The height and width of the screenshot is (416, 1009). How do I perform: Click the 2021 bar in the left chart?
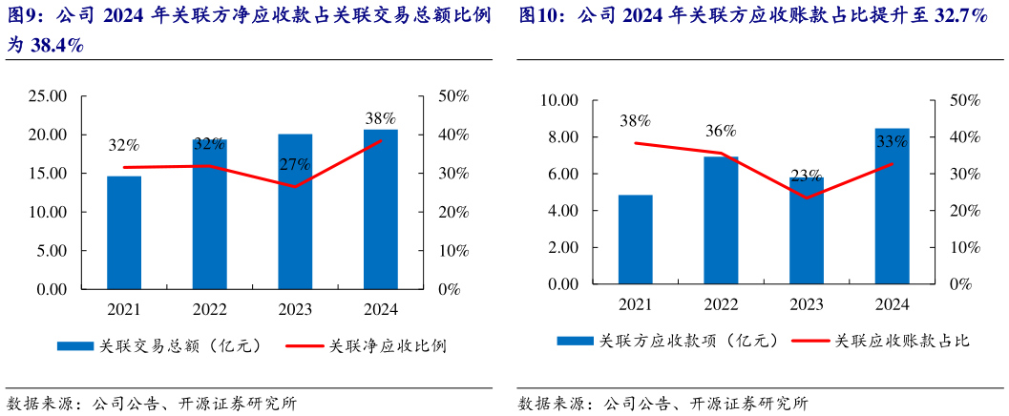tap(124, 232)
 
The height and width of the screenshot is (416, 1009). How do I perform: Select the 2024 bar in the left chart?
tap(381, 209)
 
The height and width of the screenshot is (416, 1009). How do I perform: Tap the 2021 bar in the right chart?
tap(635, 239)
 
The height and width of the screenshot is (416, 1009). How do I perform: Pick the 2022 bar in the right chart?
tap(721, 220)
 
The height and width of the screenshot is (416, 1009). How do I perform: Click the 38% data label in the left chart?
tap(381, 118)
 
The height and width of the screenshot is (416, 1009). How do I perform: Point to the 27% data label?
tap(295, 164)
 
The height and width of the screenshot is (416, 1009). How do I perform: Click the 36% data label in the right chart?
tap(721, 131)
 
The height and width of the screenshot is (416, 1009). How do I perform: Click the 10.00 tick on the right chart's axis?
tap(558, 100)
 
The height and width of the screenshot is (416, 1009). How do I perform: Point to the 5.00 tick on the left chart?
tap(51, 251)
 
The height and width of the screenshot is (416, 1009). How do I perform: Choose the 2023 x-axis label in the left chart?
tap(295, 309)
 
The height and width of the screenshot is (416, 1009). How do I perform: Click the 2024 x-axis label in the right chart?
tap(893, 303)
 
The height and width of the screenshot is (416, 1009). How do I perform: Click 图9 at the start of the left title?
tap(24, 16)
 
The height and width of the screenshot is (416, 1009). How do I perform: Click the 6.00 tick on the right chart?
tap(561, 174)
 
